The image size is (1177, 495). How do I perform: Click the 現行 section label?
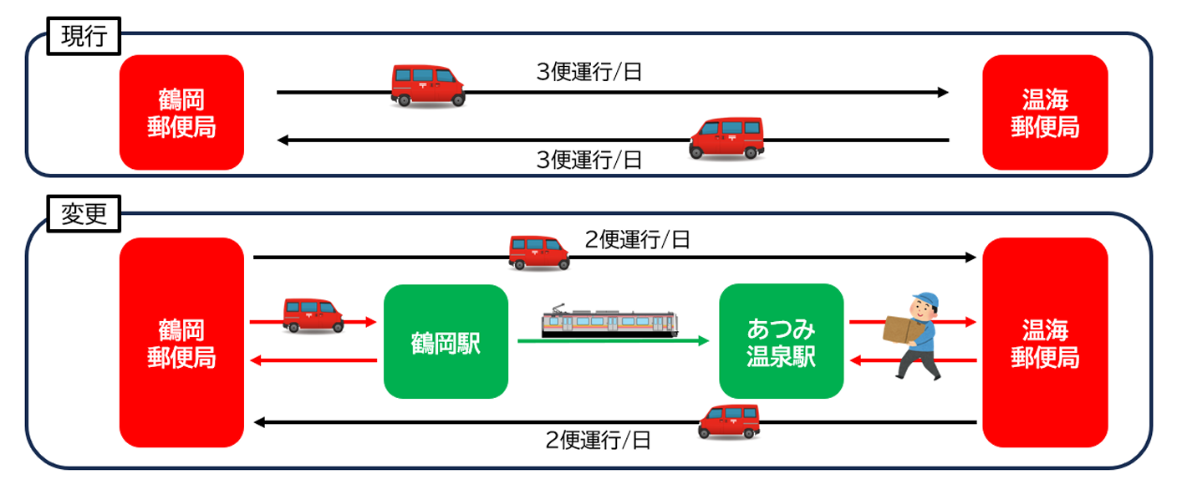[x=84, y=37]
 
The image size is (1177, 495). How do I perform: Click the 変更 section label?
[x=84, y=215]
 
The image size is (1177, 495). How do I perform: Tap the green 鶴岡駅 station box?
[x=446, y=341]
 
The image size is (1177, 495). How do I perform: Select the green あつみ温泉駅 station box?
[x=781, y=341]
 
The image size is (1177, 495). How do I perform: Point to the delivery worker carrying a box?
[x=915, y=334]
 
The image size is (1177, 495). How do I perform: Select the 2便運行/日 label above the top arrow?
[x=637, y=240]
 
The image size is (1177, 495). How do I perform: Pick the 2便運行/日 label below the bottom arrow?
[x=598, y=440]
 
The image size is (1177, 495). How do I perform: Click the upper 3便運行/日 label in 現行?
[x=589, y=73]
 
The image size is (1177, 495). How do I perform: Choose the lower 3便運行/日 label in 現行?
[x=589, y=160]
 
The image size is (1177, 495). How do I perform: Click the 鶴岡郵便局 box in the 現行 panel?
[x=181, y=112]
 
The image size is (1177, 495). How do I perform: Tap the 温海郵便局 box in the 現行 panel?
[x=1045, y=112]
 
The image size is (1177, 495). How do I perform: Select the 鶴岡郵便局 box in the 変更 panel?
[x=181, y=342]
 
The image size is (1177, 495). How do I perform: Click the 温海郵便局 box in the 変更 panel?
[x=1045, y=342]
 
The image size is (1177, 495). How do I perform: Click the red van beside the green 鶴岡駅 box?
[x=313, y=315]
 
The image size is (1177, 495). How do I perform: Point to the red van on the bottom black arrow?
[x=729, y=421]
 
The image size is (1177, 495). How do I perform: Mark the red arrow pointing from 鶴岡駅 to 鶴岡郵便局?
[x=313, y=360]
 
